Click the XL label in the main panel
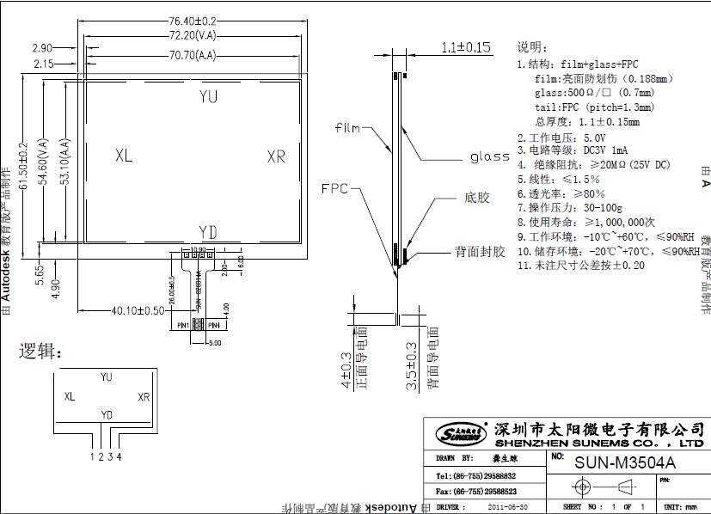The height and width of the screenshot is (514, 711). [123, 156]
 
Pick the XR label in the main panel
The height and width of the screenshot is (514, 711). [275, 156]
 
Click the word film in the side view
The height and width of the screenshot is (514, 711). [347, 128]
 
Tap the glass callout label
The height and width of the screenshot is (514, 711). [490, 157]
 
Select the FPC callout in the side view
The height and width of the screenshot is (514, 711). [334, 188]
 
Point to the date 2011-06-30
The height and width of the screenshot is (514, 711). [508, 507]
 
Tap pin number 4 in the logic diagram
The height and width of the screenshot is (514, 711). [119, 456]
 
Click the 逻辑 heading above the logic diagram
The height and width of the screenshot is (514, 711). [40, 352]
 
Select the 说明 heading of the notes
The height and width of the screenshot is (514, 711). [531, 47]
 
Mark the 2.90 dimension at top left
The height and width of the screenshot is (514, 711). [41, 47]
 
